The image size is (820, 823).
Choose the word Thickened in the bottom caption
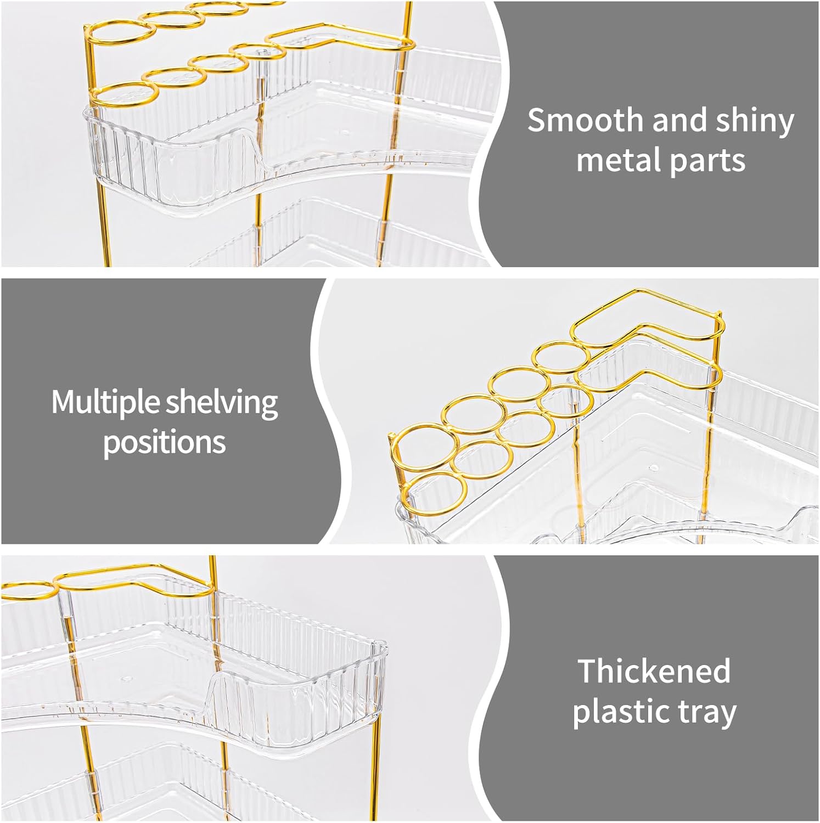pyautogui.click(x=654, y=671)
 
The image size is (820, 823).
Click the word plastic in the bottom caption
pyautogui.click(x=622, y=713)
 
